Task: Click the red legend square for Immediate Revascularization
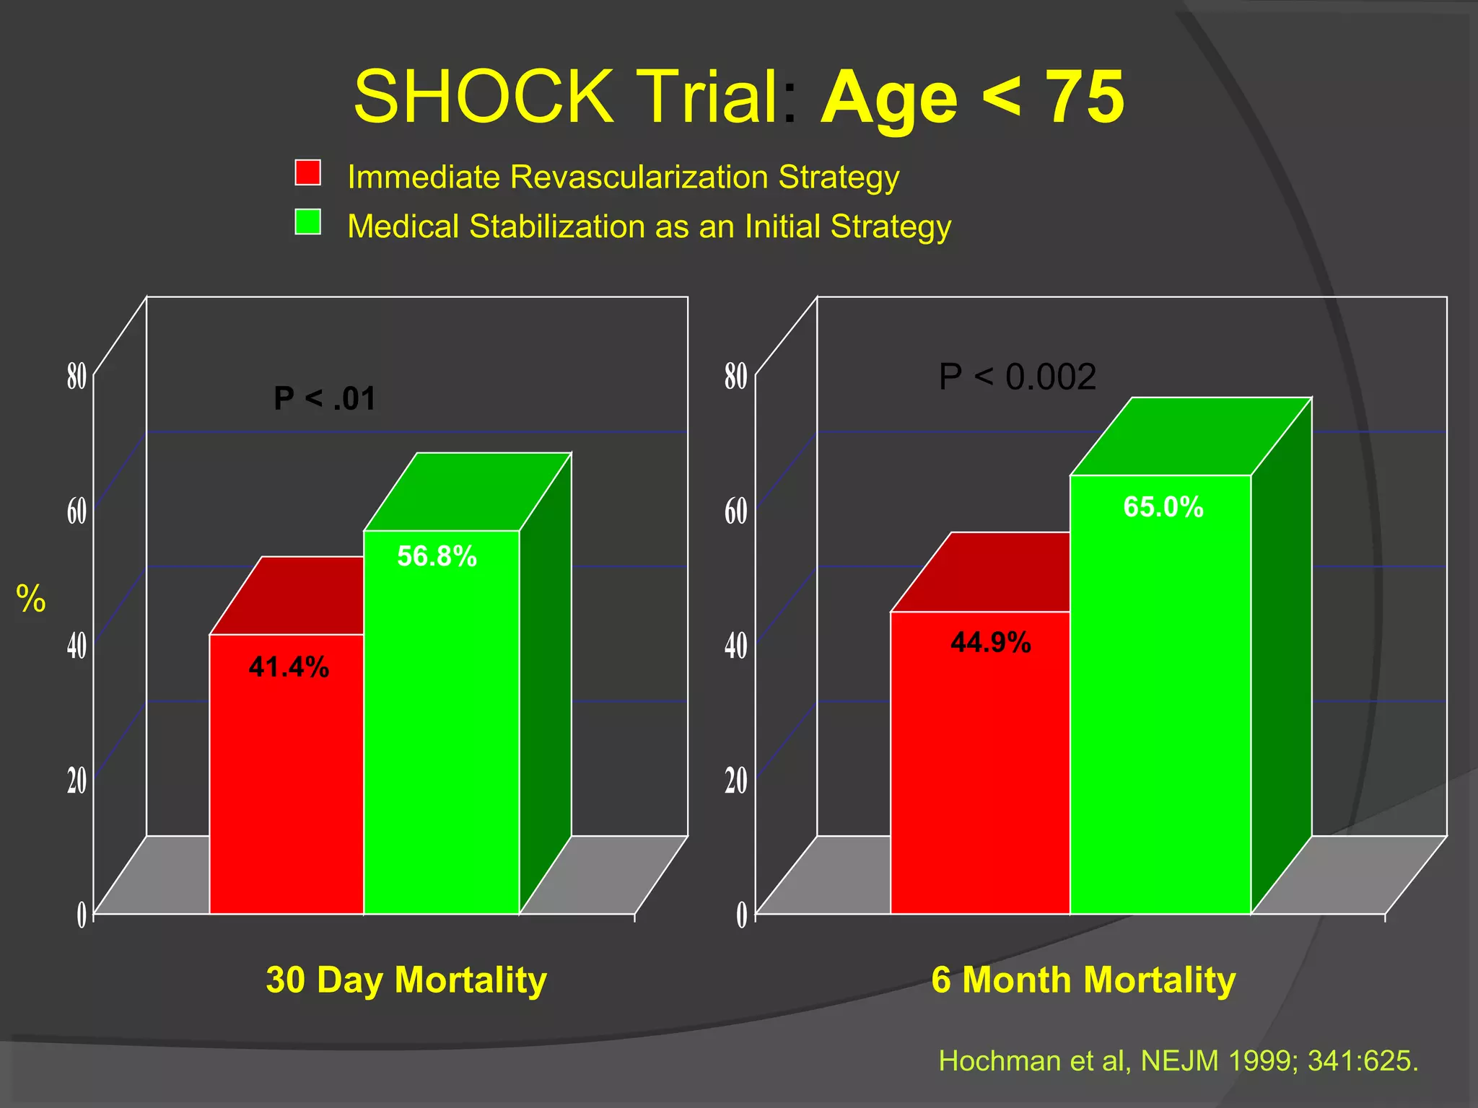pyautogui.click(x=307, y=173)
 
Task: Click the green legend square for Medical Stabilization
pyautogui.click(x=307, y=222)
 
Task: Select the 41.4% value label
pyautogui.click(x=289, y=667)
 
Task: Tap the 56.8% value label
pyautogui.click(x=437, y=556)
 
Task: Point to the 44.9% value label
pyautogui.click(x=990, y=642)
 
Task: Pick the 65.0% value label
pyautogui.click(x=1163, y=506)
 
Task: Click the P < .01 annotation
pyautogui.click(x=325, y=398)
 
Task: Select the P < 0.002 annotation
pyautogui.click(x=1017, y=377)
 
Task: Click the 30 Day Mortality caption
pyautogui.click(x=406, y=980)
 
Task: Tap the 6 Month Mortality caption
pyautogui.click(x=1083, y=980)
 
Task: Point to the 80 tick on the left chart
pyautogui.click(x=76, y=377)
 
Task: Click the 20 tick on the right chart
pyautogui.click(x=735, y=781)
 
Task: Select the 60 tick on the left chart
pyautogui.click(x=76, y=511)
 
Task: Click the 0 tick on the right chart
pyautogui.click(x=741, y=915)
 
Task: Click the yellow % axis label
pyautogui.click(x=31, y=599)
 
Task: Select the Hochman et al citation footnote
pyautogui.click(x=1178, y=1060)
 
